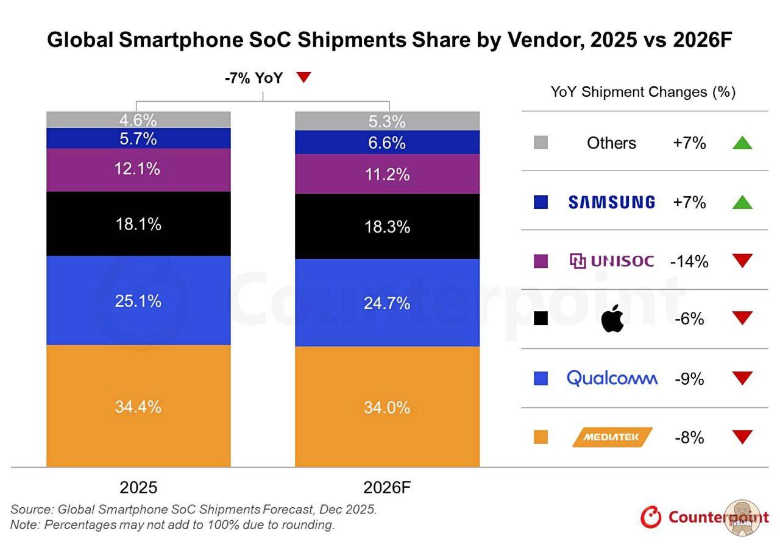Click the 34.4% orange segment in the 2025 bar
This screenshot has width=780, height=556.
138,406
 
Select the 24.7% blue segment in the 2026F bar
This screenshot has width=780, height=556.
387,302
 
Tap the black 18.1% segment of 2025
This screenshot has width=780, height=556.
138,224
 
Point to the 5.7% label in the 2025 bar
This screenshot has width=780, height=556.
138,139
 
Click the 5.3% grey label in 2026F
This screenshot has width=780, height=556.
388,122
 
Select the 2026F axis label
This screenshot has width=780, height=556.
388,488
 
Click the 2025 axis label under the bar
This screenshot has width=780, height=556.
138,488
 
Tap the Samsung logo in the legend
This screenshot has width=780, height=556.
611,202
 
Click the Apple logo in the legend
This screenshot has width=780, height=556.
612,319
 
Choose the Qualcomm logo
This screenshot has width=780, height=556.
612,378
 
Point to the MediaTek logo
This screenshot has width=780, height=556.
612,437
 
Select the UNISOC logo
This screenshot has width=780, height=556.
612,261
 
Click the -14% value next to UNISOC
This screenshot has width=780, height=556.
689,261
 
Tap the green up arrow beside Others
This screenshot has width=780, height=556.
742,143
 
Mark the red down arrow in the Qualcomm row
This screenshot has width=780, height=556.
742,378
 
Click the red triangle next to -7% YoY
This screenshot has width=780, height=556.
303,77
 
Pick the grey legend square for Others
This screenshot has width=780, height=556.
541,143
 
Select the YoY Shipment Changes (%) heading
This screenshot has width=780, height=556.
643,92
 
